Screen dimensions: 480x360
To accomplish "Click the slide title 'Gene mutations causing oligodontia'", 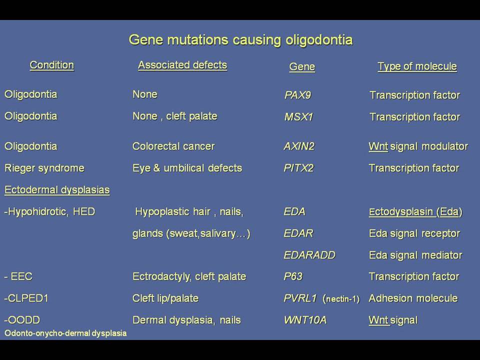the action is pyautogui.click(x=240, y=40).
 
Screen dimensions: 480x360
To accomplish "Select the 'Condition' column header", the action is pyautogui.click(x=51, y=65).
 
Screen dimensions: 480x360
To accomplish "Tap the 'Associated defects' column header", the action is pyautogui.click(x=182, y=65).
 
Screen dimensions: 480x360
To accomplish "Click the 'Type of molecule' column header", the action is pyautogui.click(x=417, y=66).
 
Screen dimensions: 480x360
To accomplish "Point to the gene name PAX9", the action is pyautogui.click(x=297, y=95).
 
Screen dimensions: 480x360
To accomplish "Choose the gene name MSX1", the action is pyautogui.click(x=298, y=116).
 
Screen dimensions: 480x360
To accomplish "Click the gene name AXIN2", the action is pyautogui.click(x=299, y=146).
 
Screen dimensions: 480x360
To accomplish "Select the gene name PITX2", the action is pyautogui.click(x=299, y=168).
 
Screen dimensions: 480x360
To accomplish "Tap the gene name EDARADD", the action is pyautogui.click(x=309, y=255).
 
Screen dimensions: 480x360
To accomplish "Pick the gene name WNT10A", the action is pyautogui.click(x=305, y=320).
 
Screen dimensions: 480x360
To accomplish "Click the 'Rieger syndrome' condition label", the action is pyautogui.click(x=44, y=168).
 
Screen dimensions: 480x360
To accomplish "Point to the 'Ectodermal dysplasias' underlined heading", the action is pyautogui.click(x=57, y=190).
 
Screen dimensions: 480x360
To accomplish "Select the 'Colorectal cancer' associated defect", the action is pyautogui.click(x=173, y=146).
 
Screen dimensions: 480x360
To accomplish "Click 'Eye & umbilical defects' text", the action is pyautogui.click(x=187, y=168).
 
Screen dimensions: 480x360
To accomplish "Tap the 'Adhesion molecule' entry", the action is pyautogui.click(x=413, y=298).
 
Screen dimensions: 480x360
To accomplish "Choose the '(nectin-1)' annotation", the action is pyautogui.click(x=341, y=299).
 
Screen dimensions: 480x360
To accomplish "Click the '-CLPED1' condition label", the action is pyautogui.click(x=26, y=298).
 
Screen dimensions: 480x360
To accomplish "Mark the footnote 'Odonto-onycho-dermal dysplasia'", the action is pyautogui.click(x=65, y=333).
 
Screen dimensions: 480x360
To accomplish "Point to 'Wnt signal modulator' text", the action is pyautogui.click(x=418, y=146).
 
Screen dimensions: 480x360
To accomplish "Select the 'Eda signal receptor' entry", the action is pyautogui.click(x=414, y=233).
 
